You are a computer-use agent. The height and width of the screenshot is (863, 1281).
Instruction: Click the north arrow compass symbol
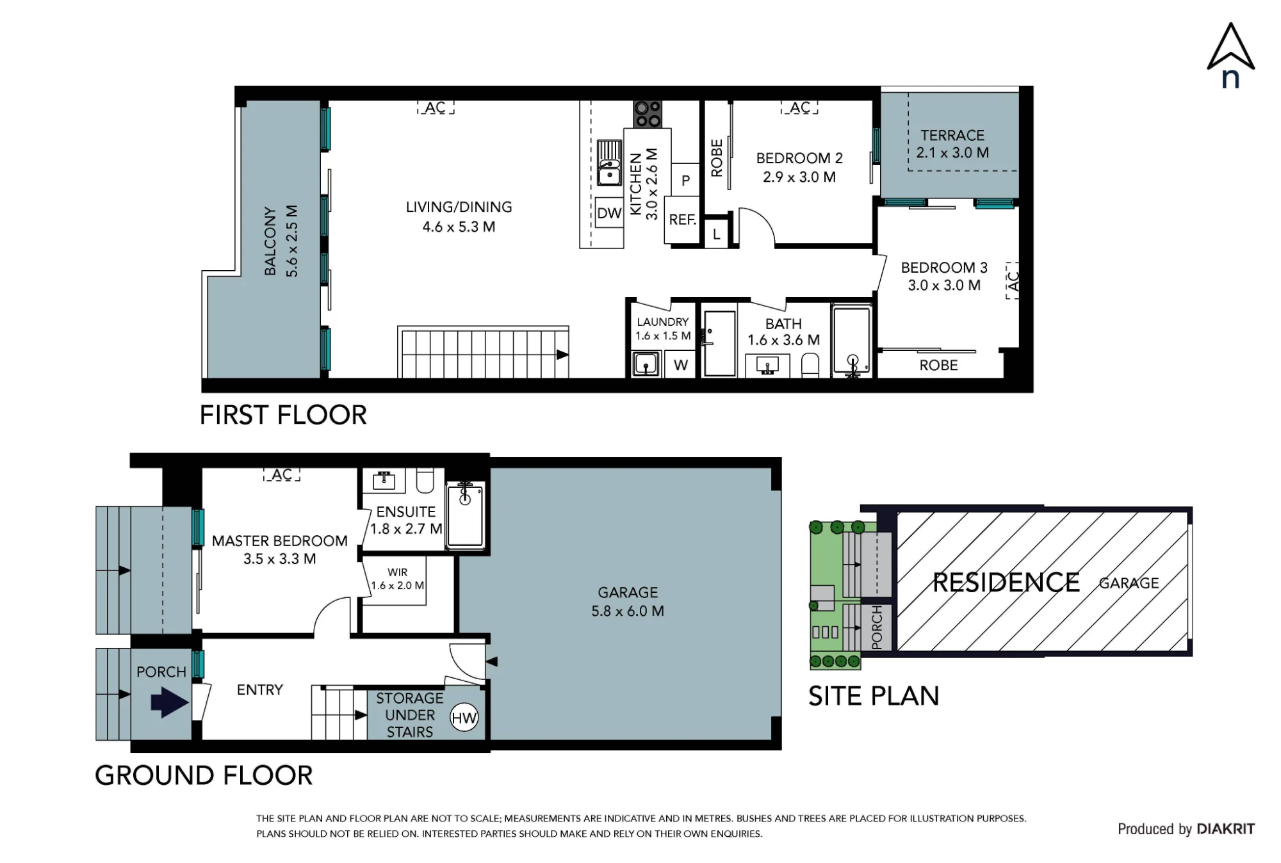point(1230,54)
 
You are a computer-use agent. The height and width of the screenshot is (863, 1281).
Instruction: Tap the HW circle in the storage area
point(464,718)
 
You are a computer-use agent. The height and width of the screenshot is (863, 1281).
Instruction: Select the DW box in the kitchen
point(609,213)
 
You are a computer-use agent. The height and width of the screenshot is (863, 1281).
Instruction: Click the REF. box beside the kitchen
point(682,220)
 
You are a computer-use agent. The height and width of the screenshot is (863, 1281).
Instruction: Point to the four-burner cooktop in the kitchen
point(648,115)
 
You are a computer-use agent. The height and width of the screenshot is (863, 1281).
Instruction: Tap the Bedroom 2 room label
point(799,167)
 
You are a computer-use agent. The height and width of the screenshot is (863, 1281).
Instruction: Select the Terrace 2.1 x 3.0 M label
point(952,144)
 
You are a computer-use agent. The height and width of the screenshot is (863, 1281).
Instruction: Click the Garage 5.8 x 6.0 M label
point(628,602)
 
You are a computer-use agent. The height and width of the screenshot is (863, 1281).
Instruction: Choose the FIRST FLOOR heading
point(283,415)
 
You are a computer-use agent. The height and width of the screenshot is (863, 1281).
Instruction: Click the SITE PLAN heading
point(874,696)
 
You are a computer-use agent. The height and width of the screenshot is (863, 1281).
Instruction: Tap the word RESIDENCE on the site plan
point(1006,583)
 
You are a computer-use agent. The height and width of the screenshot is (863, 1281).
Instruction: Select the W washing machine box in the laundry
point(680,364)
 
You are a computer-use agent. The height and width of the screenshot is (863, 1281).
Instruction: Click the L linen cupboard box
point(716,234)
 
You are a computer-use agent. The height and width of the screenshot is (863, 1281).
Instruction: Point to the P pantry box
point(685,180)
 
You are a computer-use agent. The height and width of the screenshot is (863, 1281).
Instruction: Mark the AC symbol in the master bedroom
point(282,474)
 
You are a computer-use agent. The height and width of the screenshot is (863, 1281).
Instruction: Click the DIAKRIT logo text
point(1225,829)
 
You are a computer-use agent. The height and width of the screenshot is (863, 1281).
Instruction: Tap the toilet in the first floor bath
point(810,365)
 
